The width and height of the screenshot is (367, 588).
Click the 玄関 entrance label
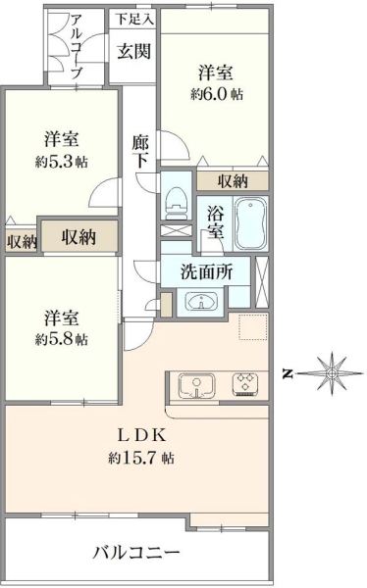point(133,51)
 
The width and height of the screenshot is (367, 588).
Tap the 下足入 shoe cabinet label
point(134,20)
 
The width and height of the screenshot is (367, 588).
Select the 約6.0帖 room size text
point(216,94)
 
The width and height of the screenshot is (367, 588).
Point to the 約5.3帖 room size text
point(62,162)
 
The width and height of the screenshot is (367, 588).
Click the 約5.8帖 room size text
point(62,339)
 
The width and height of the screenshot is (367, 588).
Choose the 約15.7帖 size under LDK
point(141,458)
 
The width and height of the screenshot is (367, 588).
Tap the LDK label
point(141,436)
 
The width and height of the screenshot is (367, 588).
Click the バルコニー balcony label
point(136,553)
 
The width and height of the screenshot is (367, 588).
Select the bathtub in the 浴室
point(251,223)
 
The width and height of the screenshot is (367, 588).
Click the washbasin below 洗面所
point(201,301)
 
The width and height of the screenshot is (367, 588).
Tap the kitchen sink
point(196,385)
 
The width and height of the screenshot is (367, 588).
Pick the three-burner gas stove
point(245,384)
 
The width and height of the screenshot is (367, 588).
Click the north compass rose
point(332,373)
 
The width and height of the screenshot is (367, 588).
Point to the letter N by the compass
point(288,374)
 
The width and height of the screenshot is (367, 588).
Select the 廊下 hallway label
point(140,152)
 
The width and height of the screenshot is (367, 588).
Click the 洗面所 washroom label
point(206,271)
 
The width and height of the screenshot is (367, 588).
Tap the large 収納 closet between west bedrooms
point(79,236)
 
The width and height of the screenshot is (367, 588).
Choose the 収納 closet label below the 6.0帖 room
point(233,181)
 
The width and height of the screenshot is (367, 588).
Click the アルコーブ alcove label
point(77,46)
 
